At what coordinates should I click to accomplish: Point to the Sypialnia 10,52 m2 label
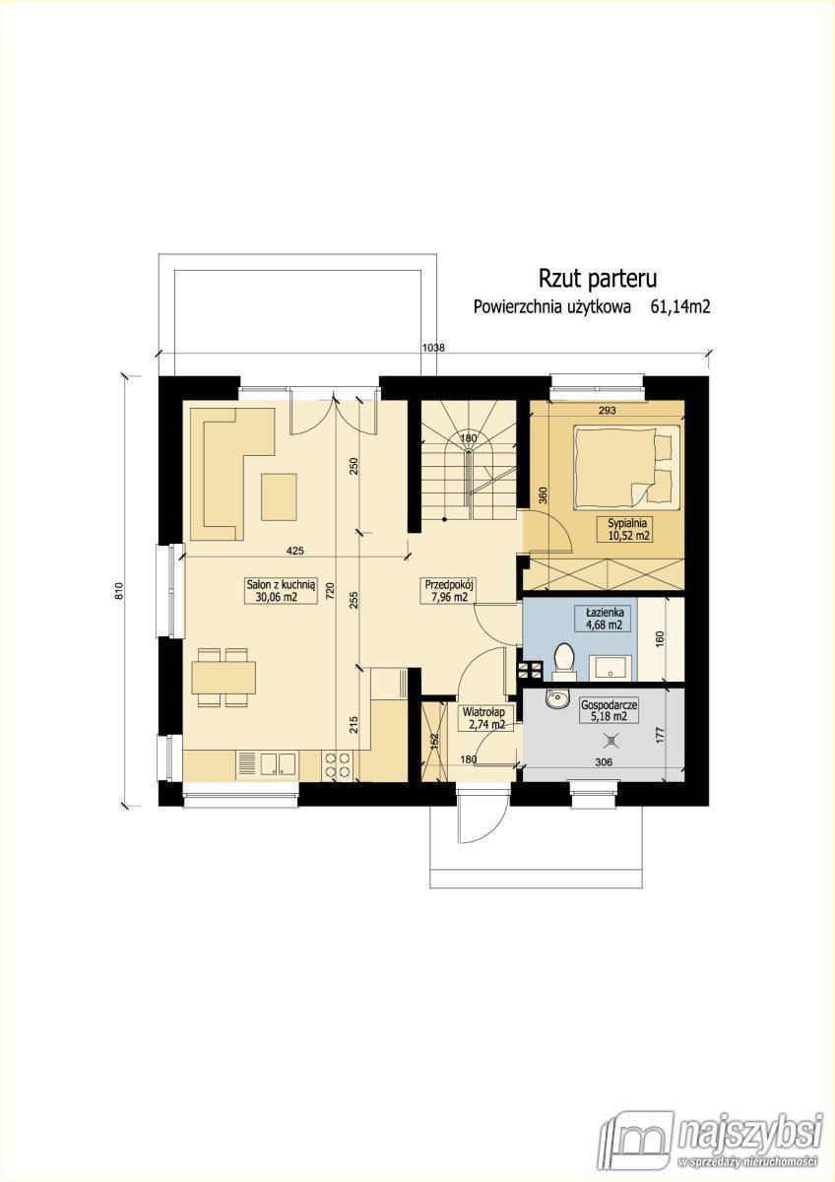627,529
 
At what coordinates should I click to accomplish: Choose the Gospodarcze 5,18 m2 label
610,710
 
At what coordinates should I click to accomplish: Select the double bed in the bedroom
625,467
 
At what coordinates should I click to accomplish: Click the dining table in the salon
225,678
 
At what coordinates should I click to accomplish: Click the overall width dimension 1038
433,348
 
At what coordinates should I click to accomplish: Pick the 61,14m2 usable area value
681,307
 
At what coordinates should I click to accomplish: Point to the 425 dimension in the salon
294,551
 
